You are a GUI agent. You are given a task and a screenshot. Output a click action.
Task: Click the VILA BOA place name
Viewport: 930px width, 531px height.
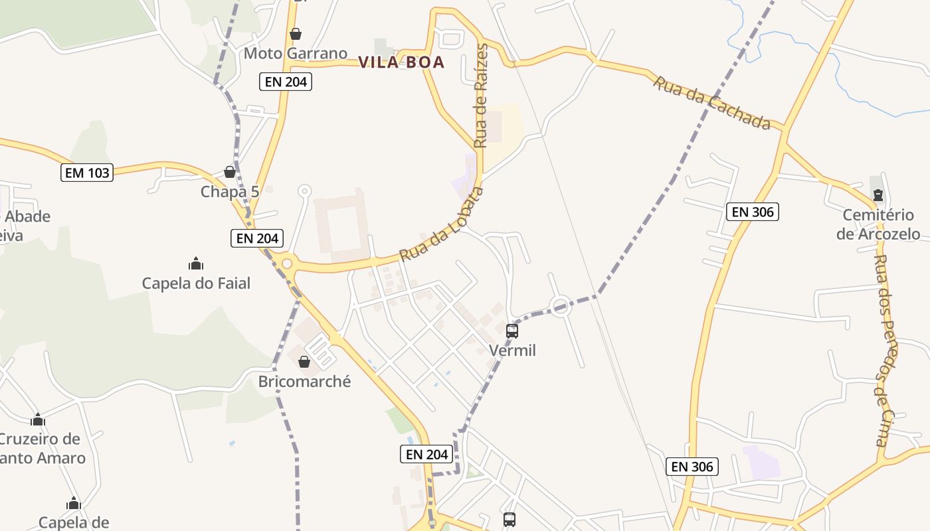point(401,62)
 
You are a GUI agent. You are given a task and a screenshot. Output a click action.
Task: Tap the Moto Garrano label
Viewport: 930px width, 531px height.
point(296,53)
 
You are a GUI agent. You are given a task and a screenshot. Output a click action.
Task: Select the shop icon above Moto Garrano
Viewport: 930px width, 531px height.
point(296,34)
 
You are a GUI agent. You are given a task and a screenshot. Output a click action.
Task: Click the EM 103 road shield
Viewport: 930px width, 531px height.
point(87,173)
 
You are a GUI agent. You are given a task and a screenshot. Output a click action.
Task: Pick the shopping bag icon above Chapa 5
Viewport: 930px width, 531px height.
point(230,172)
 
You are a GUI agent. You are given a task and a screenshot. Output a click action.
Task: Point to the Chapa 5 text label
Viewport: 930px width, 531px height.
point(230,192)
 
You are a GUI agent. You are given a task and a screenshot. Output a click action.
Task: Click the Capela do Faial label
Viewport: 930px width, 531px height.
point(196,283)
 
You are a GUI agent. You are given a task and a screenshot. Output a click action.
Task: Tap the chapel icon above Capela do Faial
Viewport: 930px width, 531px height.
point(196,264)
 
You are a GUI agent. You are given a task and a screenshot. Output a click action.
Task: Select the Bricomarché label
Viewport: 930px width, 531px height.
point(304,382)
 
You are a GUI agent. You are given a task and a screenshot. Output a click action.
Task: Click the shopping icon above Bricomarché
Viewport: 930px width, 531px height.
point(304,362)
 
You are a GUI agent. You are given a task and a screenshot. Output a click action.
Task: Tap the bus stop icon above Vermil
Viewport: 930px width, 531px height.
point(512,331)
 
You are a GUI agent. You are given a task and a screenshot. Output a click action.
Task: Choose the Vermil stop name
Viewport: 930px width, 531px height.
point(512,350)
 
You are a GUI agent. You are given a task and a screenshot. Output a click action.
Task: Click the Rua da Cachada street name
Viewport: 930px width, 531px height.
point(711,103)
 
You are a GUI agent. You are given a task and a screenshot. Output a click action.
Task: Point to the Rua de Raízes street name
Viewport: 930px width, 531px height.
point(482,96)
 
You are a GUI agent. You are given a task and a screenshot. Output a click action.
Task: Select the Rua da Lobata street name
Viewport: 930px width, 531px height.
point(442,224)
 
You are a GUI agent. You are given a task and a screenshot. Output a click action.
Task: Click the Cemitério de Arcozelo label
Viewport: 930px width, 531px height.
point(878,224)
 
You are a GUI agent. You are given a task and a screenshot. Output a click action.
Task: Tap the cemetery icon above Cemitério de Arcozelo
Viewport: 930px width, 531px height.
point(878,195)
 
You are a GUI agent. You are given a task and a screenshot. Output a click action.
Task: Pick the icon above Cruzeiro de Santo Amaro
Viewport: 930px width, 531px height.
point(38,419)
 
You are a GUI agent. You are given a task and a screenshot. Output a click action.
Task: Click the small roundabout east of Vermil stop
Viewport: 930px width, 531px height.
point(560,307)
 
